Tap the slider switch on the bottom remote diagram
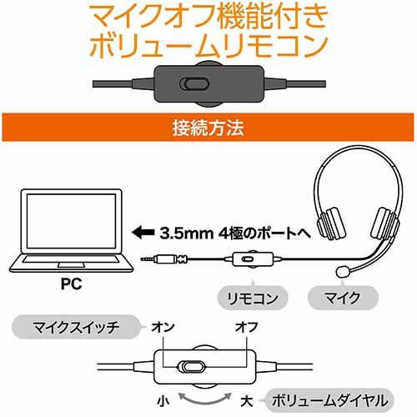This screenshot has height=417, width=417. (x=191, y=366)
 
